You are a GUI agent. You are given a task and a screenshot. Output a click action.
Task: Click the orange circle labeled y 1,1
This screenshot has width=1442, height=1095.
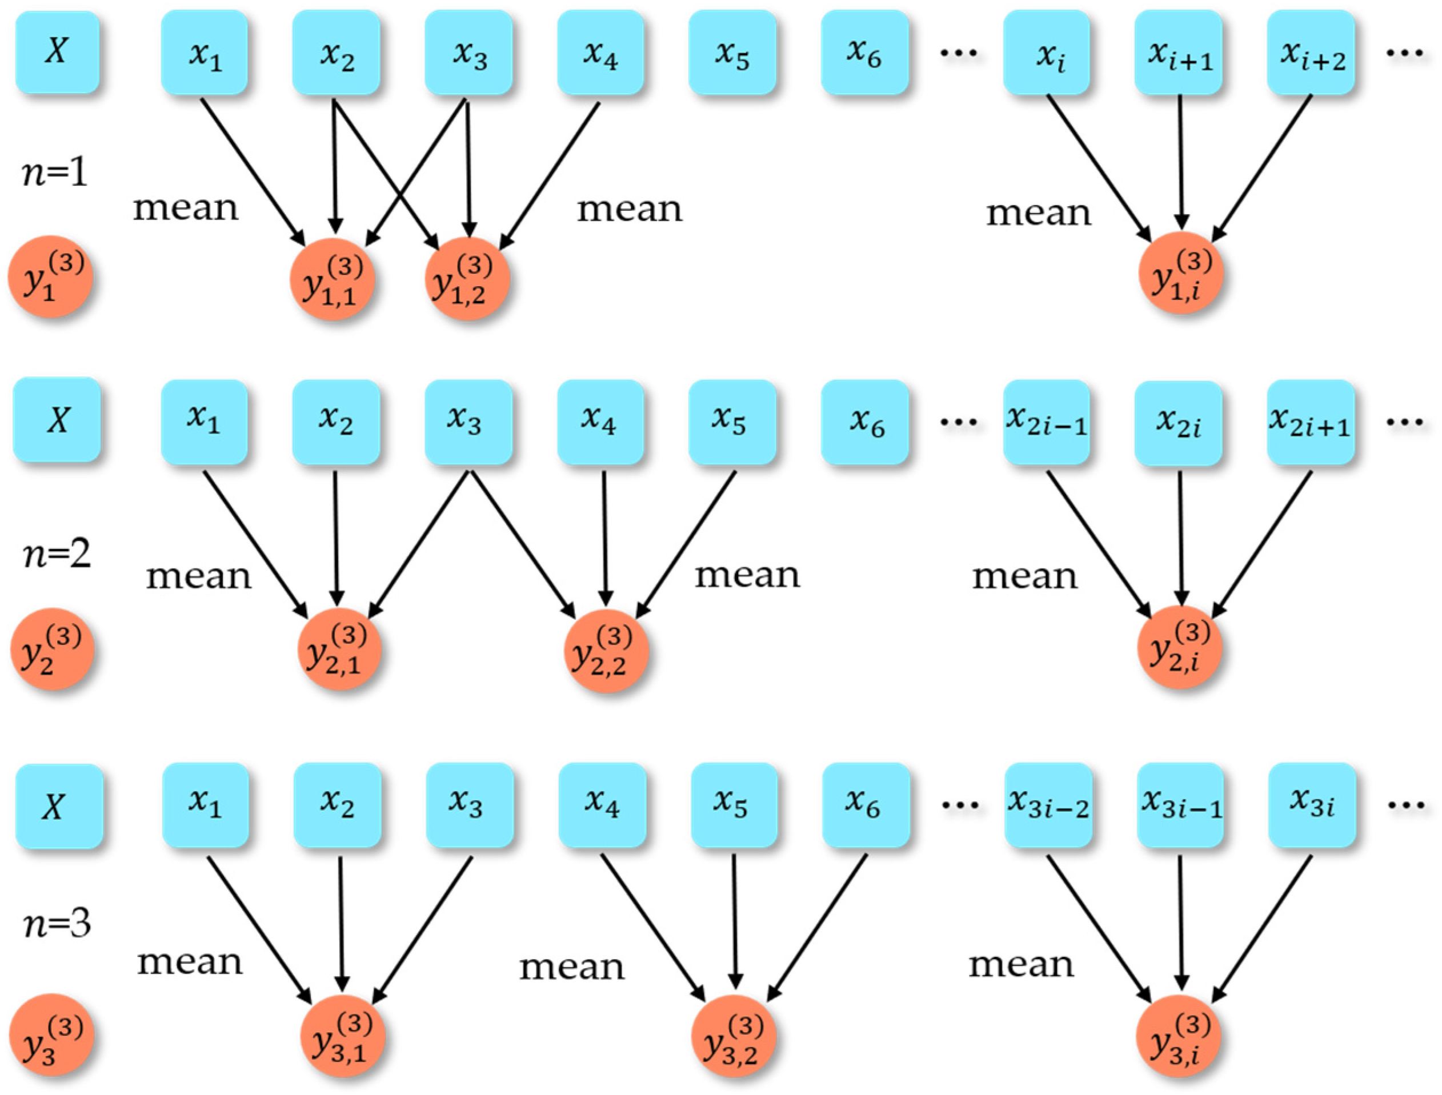pos(333,279)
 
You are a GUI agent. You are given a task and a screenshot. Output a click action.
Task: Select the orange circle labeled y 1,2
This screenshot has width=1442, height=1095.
pos(467,279)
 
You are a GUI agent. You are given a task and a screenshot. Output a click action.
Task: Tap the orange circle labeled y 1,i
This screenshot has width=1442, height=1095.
pos(1180,274)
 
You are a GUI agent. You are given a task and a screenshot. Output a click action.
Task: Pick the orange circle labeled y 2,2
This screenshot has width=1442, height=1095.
pos(606,651)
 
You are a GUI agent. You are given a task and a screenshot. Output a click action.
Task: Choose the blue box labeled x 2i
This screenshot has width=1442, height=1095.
pos(1179,422)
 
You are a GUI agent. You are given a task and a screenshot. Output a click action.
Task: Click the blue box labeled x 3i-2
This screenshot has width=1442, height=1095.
pos(1048,805)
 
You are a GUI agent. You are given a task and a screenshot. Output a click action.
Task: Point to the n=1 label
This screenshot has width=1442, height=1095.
pos(55,174)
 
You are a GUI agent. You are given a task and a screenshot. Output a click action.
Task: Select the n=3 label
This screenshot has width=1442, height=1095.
pos(57,924)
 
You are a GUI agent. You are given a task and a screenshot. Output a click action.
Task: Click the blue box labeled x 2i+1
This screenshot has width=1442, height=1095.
pos(1311,422)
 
